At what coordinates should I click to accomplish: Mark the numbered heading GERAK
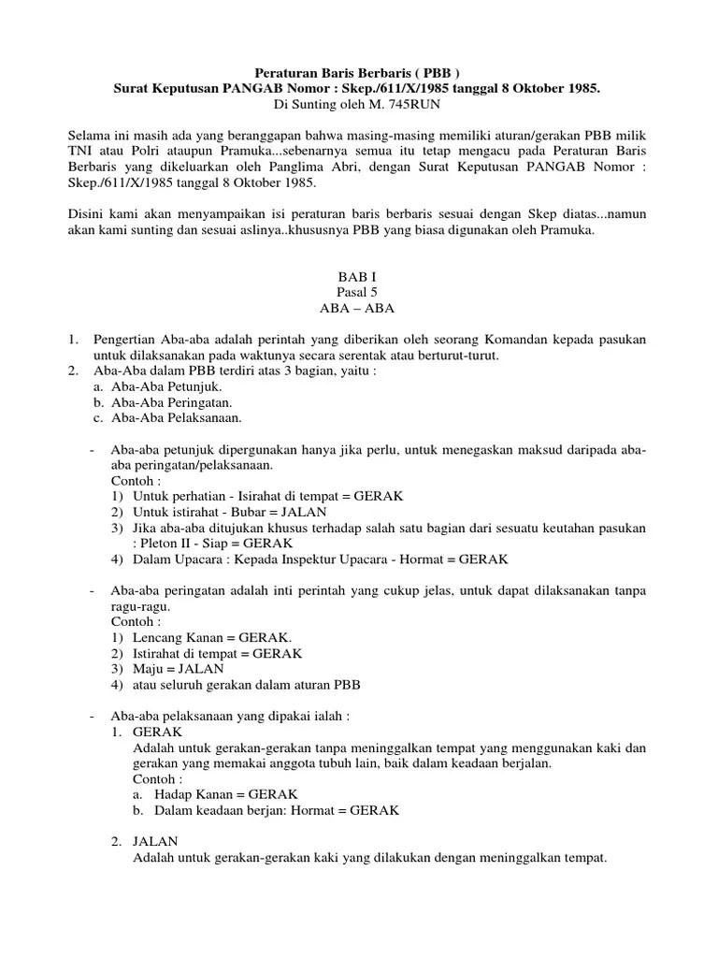pos(158,732)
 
